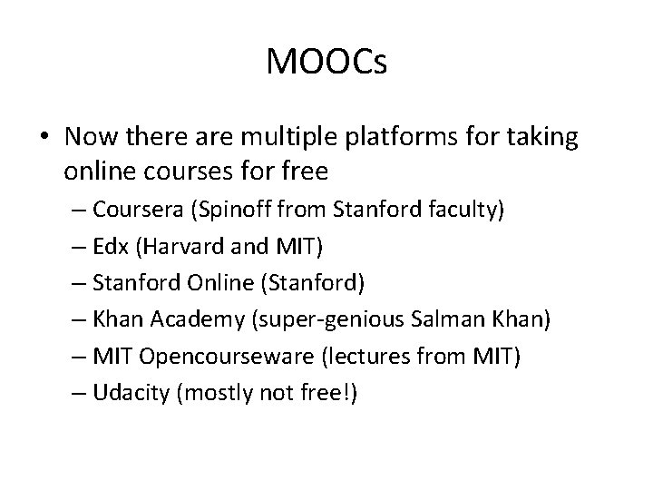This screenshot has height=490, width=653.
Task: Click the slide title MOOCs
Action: (326, 62)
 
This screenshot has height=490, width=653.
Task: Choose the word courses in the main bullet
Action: (184, 171)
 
